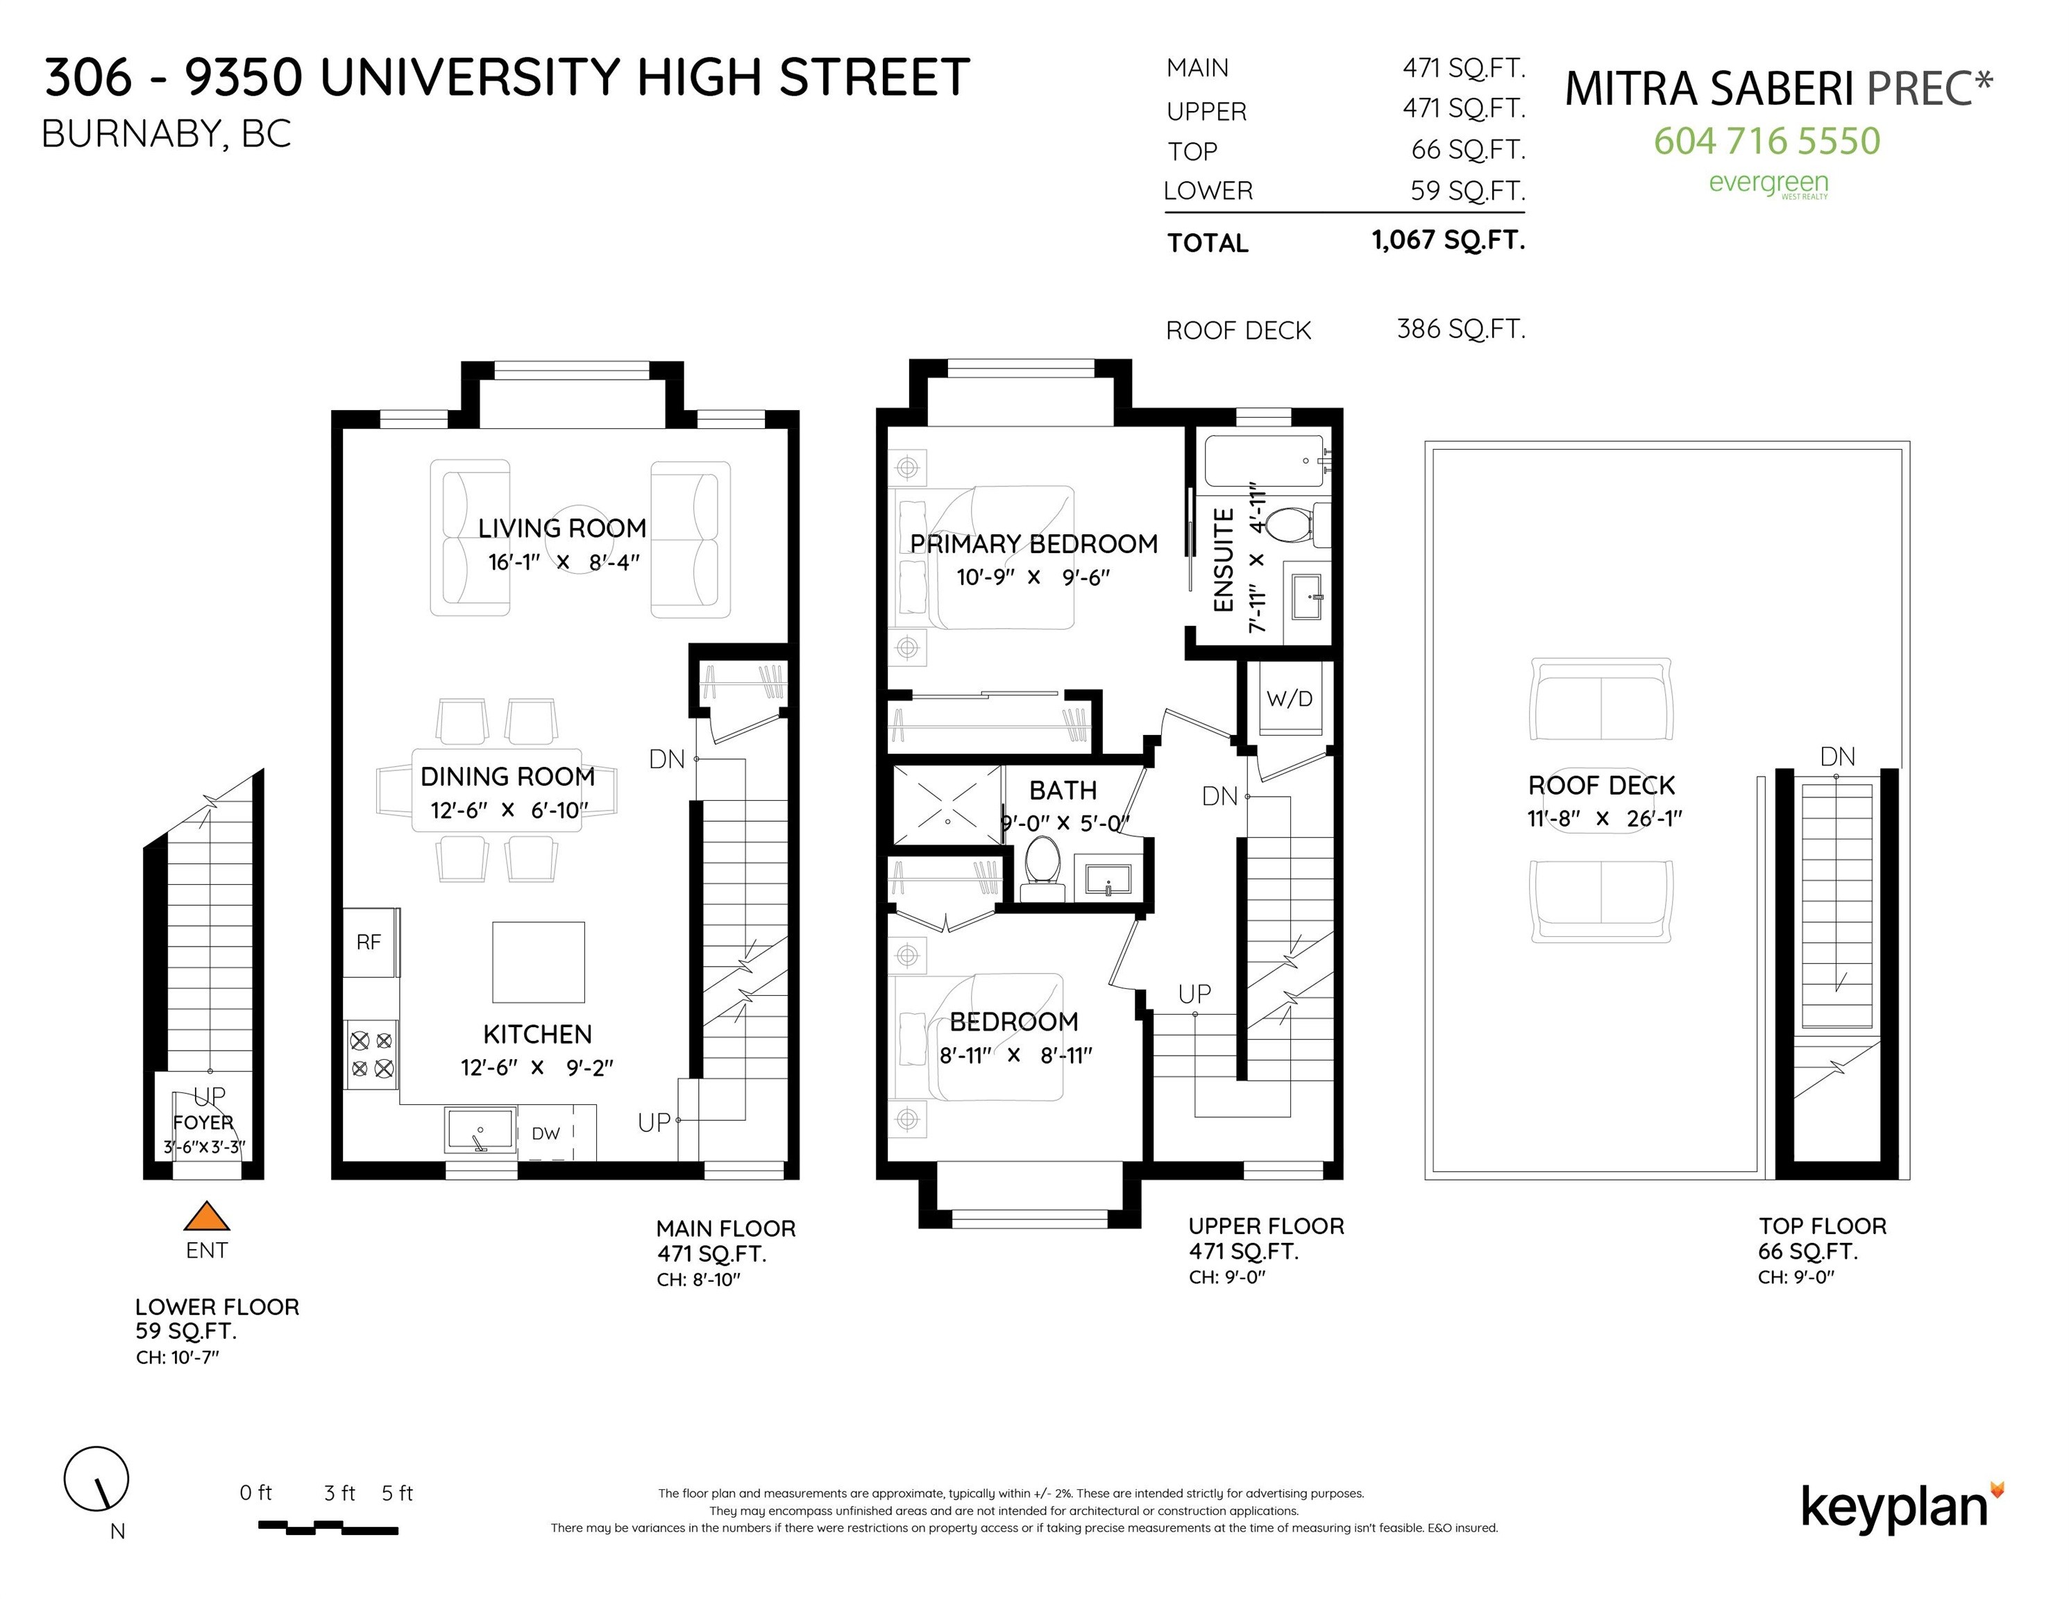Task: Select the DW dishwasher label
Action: [x=546, y=1133]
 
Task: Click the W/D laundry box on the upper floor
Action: [x=1290, y=699]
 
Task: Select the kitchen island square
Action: [x=538, y=961]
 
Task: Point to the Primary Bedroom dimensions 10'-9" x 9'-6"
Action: [x=1033, y=577]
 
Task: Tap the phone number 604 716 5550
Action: [x=1767, y=140]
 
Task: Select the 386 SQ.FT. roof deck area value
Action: [x=1461, y=329]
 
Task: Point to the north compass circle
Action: [x=96, y=1479]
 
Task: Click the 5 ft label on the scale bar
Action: [x=397, y=1494]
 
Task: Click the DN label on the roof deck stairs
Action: [x=1837, y=757]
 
